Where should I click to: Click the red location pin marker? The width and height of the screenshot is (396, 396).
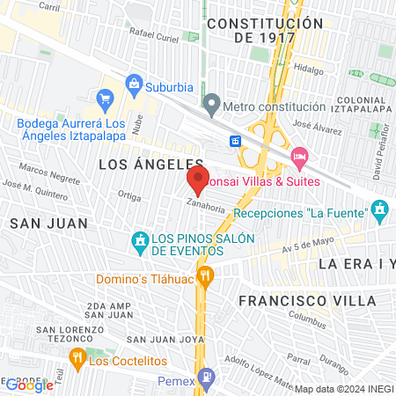pos(197,180)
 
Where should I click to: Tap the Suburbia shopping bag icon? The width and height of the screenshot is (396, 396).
pos(135,86)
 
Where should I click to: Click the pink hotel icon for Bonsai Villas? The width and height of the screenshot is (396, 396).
pos(299,156)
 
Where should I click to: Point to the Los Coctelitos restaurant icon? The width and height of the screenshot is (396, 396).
pos(77,356)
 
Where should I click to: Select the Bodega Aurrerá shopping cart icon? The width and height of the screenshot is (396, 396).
pos(106,98)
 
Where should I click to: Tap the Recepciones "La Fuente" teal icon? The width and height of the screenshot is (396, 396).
pos(380,210)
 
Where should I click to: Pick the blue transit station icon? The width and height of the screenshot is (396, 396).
pos(236,141)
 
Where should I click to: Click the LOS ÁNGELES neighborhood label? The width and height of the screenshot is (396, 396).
pos(151,164)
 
